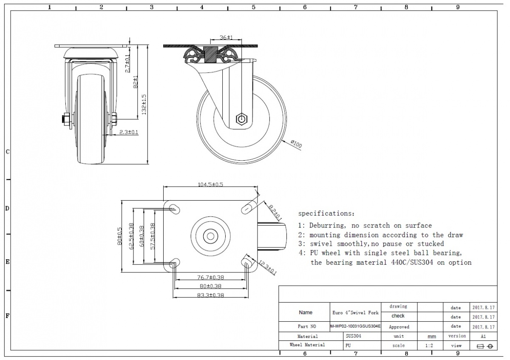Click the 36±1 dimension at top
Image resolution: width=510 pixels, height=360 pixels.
click(229, 37)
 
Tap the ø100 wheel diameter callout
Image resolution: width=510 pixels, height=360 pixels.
click(296, 145)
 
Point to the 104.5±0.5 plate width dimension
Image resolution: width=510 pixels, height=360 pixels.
click(211, 184)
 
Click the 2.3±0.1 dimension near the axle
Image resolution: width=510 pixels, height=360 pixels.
click(129, 132)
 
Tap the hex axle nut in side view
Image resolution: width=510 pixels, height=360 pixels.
click(241, 118)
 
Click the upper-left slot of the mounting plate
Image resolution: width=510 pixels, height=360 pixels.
click(173, 207)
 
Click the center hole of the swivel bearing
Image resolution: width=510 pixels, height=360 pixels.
click(210, 235)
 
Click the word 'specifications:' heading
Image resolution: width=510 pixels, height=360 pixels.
click(326, 213)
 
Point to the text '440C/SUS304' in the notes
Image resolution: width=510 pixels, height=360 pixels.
click(411, 263)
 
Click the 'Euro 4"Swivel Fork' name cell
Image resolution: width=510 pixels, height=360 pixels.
click(355, 312)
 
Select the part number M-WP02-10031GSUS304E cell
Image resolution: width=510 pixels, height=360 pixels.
click(355, 326)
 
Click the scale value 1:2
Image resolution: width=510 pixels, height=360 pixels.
click(429, 346)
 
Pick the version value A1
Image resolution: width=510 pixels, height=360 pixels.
click(483, 336)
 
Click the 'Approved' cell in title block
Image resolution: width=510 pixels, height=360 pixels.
click(399, 327)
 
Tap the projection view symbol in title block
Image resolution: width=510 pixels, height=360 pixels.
click(484, 346)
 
